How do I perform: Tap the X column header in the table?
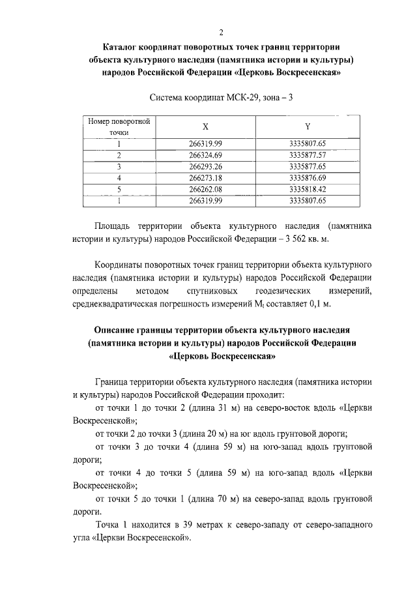coord(205,126)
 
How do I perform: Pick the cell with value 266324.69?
coord(205,155)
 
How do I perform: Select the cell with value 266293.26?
coord(205,166)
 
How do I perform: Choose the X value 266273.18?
coord(205,177)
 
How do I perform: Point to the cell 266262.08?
coord(205,189)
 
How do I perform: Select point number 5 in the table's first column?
coord(119,189)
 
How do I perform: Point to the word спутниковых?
coord(211,290)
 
